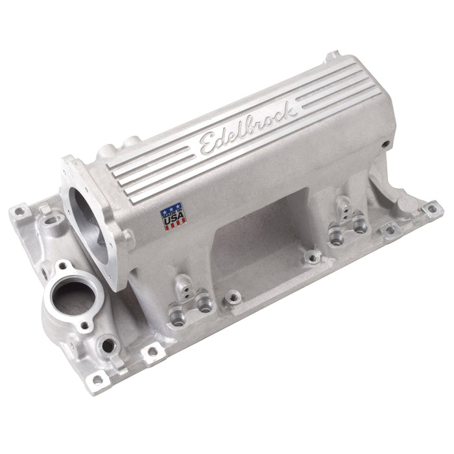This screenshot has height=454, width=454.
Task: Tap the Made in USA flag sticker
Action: pyautogui.click(x=173, y=215)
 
